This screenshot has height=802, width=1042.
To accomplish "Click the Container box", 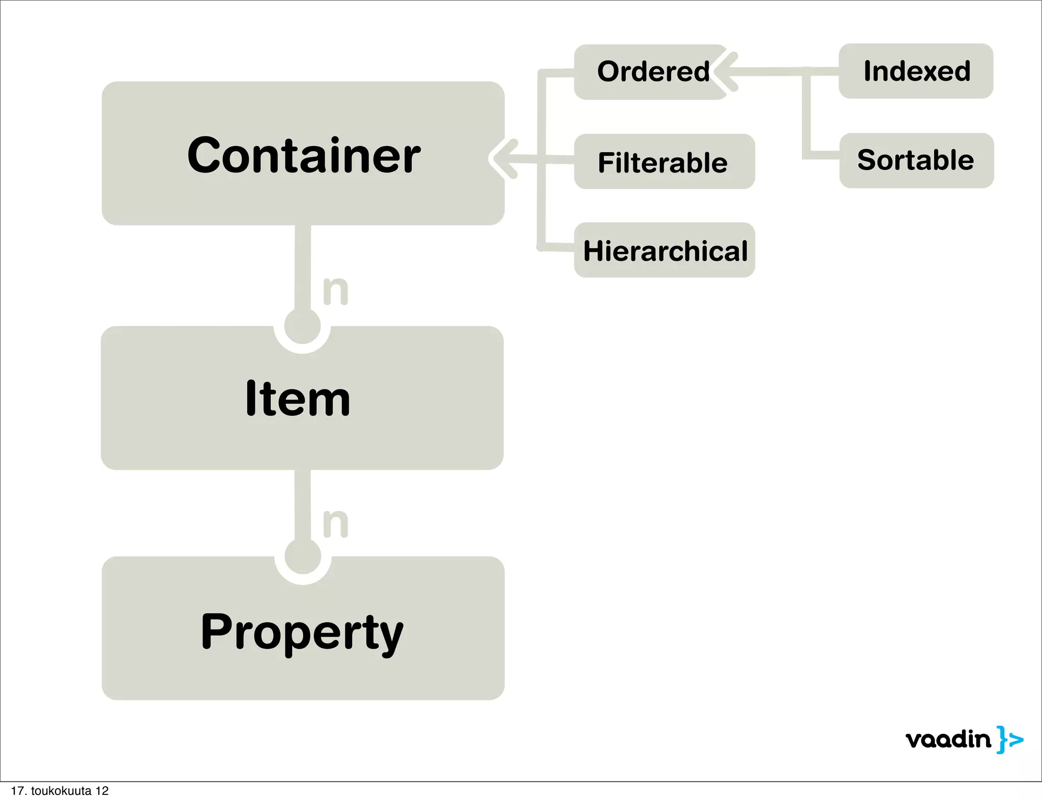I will tap(303, 154).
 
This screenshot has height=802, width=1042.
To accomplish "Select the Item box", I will tap(302, 398).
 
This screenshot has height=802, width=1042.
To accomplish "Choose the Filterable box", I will tap(664, 162).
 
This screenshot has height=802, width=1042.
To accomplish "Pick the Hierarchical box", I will tap(664, 250).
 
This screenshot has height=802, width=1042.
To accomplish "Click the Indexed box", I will tap(916, 71).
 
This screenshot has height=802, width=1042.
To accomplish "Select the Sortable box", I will tap(916, 160).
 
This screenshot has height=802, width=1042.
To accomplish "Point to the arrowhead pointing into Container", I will tap(501, 158).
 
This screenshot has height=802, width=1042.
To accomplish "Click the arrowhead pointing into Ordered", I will tap(725, 72).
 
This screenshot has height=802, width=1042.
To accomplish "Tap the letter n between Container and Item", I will tap(336, 291).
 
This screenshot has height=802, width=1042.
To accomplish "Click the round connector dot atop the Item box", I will tap(303, 326).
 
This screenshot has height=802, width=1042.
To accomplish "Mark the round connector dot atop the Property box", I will tap(303, 556).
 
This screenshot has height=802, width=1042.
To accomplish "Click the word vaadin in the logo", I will tap(948, 739).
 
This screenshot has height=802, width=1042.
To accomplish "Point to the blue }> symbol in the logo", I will tap(1010, 739).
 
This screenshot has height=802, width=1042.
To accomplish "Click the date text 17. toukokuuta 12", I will tap(60, 791).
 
